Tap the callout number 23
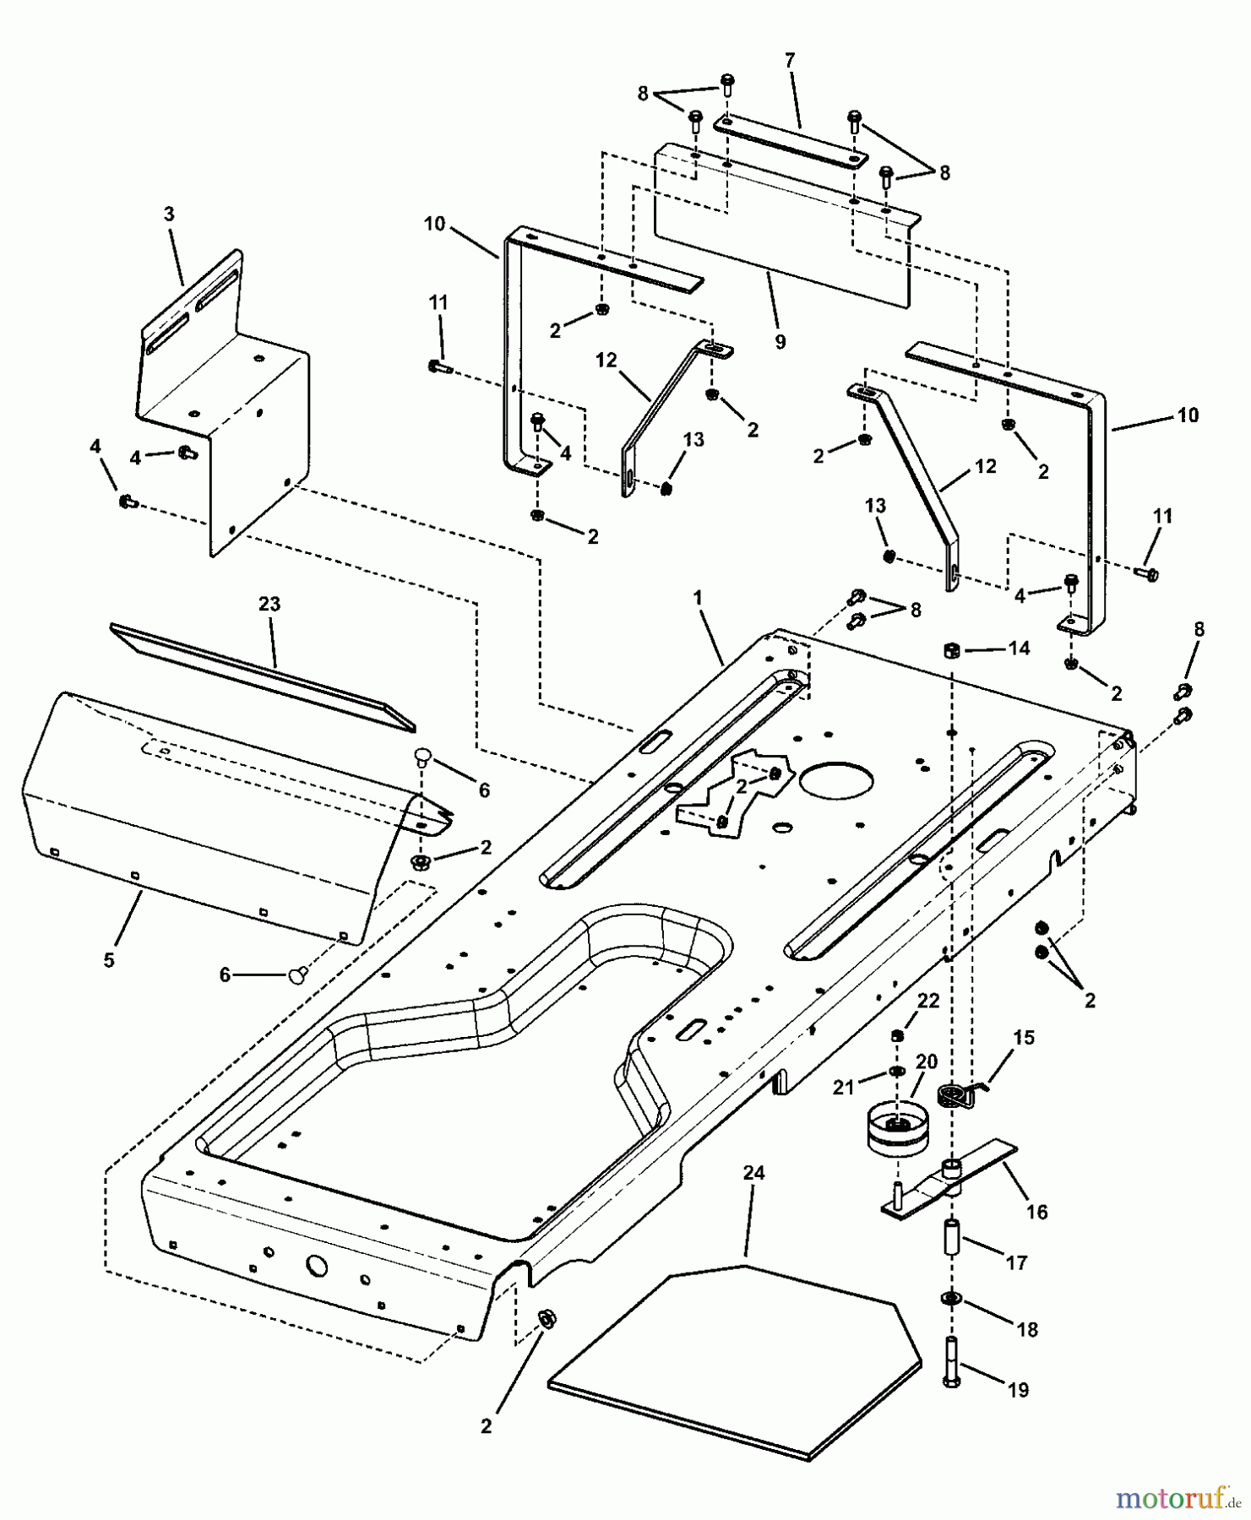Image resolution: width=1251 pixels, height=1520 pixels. click(x=270, y=605)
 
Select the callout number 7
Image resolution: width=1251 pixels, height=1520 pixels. click(x=790, y=61)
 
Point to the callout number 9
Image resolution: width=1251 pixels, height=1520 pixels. click(x=780, y=341)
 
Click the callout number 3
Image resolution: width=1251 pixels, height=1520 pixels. click(x=169, y=214)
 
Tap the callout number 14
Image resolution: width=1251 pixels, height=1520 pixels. click(x=1019, y=648)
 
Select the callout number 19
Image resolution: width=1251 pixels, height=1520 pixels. click(x=1019, y=1389)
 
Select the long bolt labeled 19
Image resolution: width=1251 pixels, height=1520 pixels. click(x=950, y=1360)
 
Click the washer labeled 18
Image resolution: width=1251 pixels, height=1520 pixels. click(x=951, y=1298)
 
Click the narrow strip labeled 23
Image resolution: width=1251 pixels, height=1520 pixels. click(x=262, y=676)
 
